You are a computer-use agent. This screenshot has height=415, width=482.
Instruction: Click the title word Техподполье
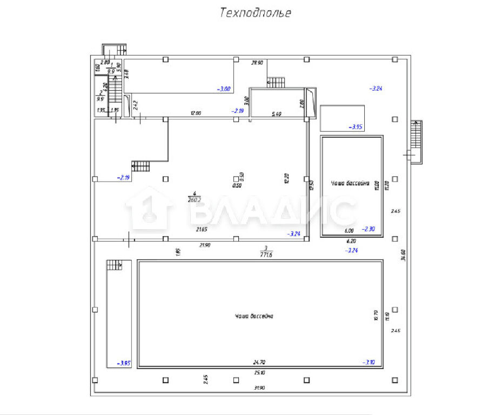[x=255, y=13]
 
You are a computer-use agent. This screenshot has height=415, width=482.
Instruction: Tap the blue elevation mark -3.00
[x=224, y=89]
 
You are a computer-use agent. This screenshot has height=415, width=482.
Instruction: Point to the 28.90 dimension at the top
[x=257, y=63]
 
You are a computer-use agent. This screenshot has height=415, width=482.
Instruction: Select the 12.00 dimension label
[x=195, y=113]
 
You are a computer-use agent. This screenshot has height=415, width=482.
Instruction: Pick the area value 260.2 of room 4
[x=194, y=199]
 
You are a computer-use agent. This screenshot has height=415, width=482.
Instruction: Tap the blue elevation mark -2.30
[x=369, y=229]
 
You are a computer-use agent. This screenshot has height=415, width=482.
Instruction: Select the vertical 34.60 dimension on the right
[x=403, y=255]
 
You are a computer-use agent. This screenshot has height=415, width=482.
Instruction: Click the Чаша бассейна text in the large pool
[x=254, y=316]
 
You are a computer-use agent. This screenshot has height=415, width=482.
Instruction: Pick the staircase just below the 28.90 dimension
[x=276, y=82]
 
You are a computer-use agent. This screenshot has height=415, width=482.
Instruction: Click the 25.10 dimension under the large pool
[x=259, y=373]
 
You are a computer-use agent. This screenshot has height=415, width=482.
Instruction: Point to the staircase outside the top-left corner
[x=114, y=50]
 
